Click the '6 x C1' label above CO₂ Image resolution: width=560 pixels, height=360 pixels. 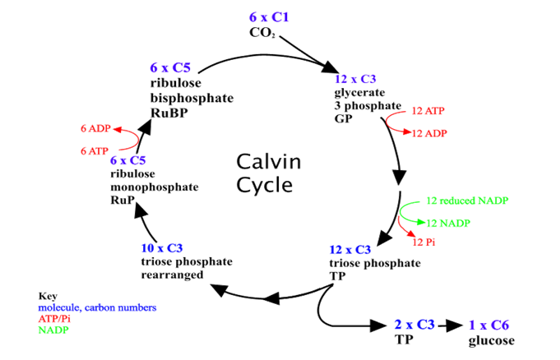click(269, 16)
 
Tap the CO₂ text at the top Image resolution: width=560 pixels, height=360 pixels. click(262, 33)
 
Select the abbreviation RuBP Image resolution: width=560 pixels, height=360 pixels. click(169, 113)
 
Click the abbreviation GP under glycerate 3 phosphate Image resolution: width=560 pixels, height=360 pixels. click(343, 118)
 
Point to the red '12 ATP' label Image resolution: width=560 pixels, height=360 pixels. click(428, 111)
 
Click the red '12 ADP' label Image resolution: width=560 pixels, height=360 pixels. click(429, 133)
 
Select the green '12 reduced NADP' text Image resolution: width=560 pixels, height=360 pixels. click(467, 201)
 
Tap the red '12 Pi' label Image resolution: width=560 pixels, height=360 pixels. click(423, 242)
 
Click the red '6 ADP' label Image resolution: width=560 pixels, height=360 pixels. click(95, 128)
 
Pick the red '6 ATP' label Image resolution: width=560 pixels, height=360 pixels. click(95, 151)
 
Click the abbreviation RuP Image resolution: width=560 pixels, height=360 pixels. click(123, 200)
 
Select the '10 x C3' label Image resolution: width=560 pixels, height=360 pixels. click(162, 248)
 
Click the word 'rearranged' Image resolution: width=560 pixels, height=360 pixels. click(172, 275)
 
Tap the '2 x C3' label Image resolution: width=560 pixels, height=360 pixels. click(414, 325)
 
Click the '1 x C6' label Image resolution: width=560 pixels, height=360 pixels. click(488, 325)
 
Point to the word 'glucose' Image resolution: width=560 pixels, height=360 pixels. click(492, 341)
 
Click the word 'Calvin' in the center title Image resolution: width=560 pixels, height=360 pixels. click(269, 162)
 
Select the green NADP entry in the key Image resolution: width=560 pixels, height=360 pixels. click(53, 330)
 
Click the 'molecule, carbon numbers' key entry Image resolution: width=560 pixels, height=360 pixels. click(97, 307)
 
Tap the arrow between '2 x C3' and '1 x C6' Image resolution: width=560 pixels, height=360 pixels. click(451, 325)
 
